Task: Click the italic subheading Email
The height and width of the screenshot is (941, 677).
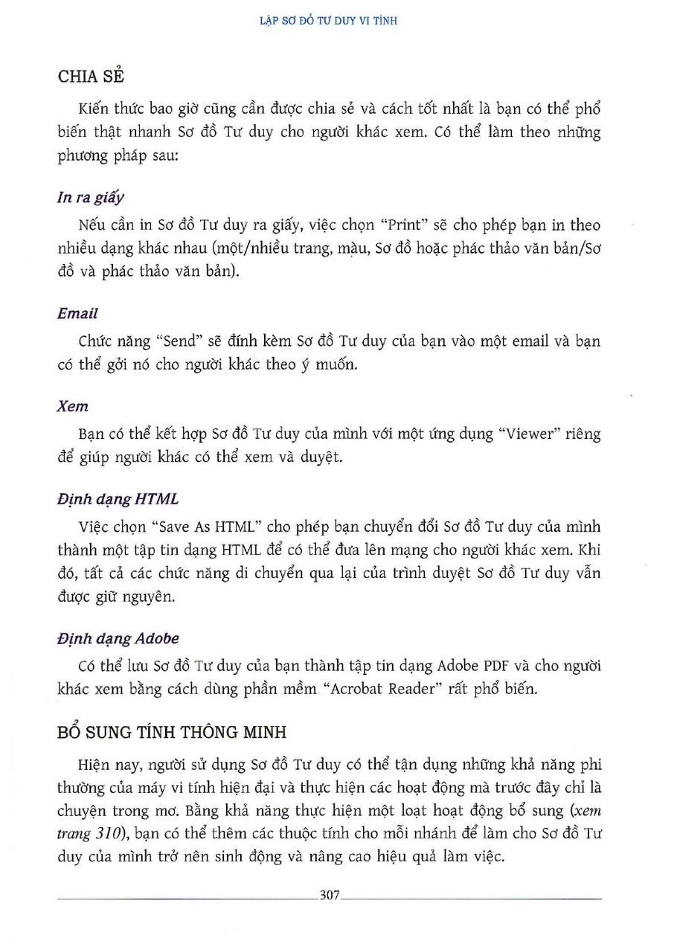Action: pos(77,314)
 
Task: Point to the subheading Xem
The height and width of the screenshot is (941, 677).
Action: pos(72,406)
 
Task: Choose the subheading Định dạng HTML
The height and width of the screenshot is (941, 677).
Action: pos(118,498)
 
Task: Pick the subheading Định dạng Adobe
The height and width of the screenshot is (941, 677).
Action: pos(118,638)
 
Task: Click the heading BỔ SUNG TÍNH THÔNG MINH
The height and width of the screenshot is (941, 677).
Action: pos(172,732)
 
